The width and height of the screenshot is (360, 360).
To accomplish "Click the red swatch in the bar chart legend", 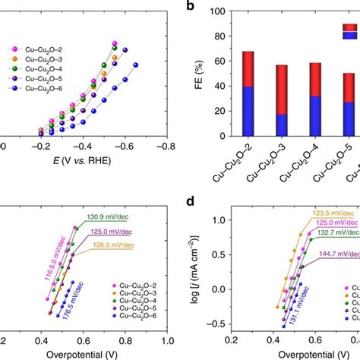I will click(349, 27).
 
